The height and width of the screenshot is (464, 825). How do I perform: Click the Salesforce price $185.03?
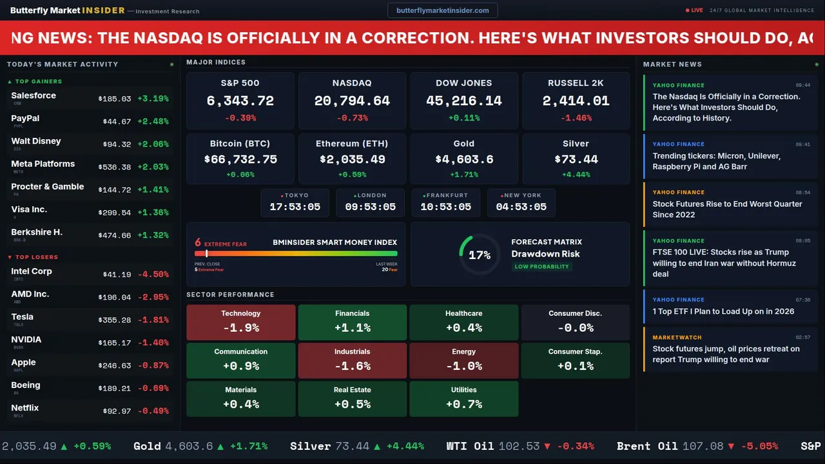click(x=115, y=99)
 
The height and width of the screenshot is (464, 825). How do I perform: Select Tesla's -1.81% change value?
click(x=155, y=320)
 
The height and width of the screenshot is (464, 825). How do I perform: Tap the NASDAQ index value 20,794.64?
click(x=352, y=101)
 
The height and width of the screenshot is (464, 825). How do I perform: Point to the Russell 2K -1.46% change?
click(x=576, y=118)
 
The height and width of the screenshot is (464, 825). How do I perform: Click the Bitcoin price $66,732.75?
click(x=240, y=159)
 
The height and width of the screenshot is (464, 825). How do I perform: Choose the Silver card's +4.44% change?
click(x=576, y=175)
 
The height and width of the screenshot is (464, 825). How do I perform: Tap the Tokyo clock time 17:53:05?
click(x=295, y=207)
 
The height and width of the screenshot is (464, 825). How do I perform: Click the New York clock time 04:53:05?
click(x=521, y=207)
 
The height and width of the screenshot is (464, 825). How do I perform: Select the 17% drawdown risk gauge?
click(x=479, y=255)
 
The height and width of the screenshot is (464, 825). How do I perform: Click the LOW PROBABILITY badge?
click(x=541, y=266)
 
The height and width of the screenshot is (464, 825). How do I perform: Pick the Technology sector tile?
click(x=240, y=322)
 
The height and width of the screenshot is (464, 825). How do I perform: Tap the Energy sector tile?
click(x=463, y=360)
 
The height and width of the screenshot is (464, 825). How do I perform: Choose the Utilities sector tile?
click(x=463, y=399)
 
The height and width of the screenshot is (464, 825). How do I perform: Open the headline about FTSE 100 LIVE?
click(x=724, y=263)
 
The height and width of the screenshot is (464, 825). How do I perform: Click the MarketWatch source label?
click(x=677, y=337)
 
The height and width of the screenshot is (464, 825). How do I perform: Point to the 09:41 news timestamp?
click(x=802, y=144)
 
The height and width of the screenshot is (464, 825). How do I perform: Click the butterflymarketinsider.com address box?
click(x=442, y=10)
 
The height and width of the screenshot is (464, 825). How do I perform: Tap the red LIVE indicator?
click(x=694, y=10)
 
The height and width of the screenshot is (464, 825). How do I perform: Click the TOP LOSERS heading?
click(x=36, y=257)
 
